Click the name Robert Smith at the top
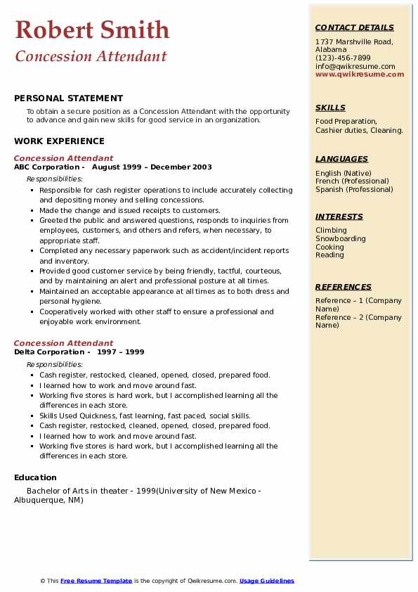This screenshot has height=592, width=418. tap(92, 30)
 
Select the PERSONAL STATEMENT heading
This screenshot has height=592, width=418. tap(68, 98)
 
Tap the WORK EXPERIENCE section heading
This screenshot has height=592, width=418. tap(59, 141)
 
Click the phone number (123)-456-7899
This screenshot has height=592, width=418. tap(343, 58)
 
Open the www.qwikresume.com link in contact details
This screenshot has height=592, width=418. tap(360, 75)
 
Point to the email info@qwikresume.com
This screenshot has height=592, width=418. tap(355, 67)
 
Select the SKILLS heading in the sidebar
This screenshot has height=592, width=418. tap(330, 108)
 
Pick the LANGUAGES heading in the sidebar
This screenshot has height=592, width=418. tap(341, 159)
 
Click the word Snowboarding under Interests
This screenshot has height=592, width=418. tap(341, 239)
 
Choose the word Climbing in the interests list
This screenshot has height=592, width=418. tap(331, 231)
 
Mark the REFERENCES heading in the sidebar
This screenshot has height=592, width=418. tap(343, 287)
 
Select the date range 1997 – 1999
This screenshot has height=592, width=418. tap(121, 352)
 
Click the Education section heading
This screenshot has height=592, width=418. tap(35, 478)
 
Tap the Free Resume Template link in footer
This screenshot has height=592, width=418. tap(96, 581)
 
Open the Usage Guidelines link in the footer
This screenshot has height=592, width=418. tap(266, 581)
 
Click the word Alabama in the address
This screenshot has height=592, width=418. tap(331, 50)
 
